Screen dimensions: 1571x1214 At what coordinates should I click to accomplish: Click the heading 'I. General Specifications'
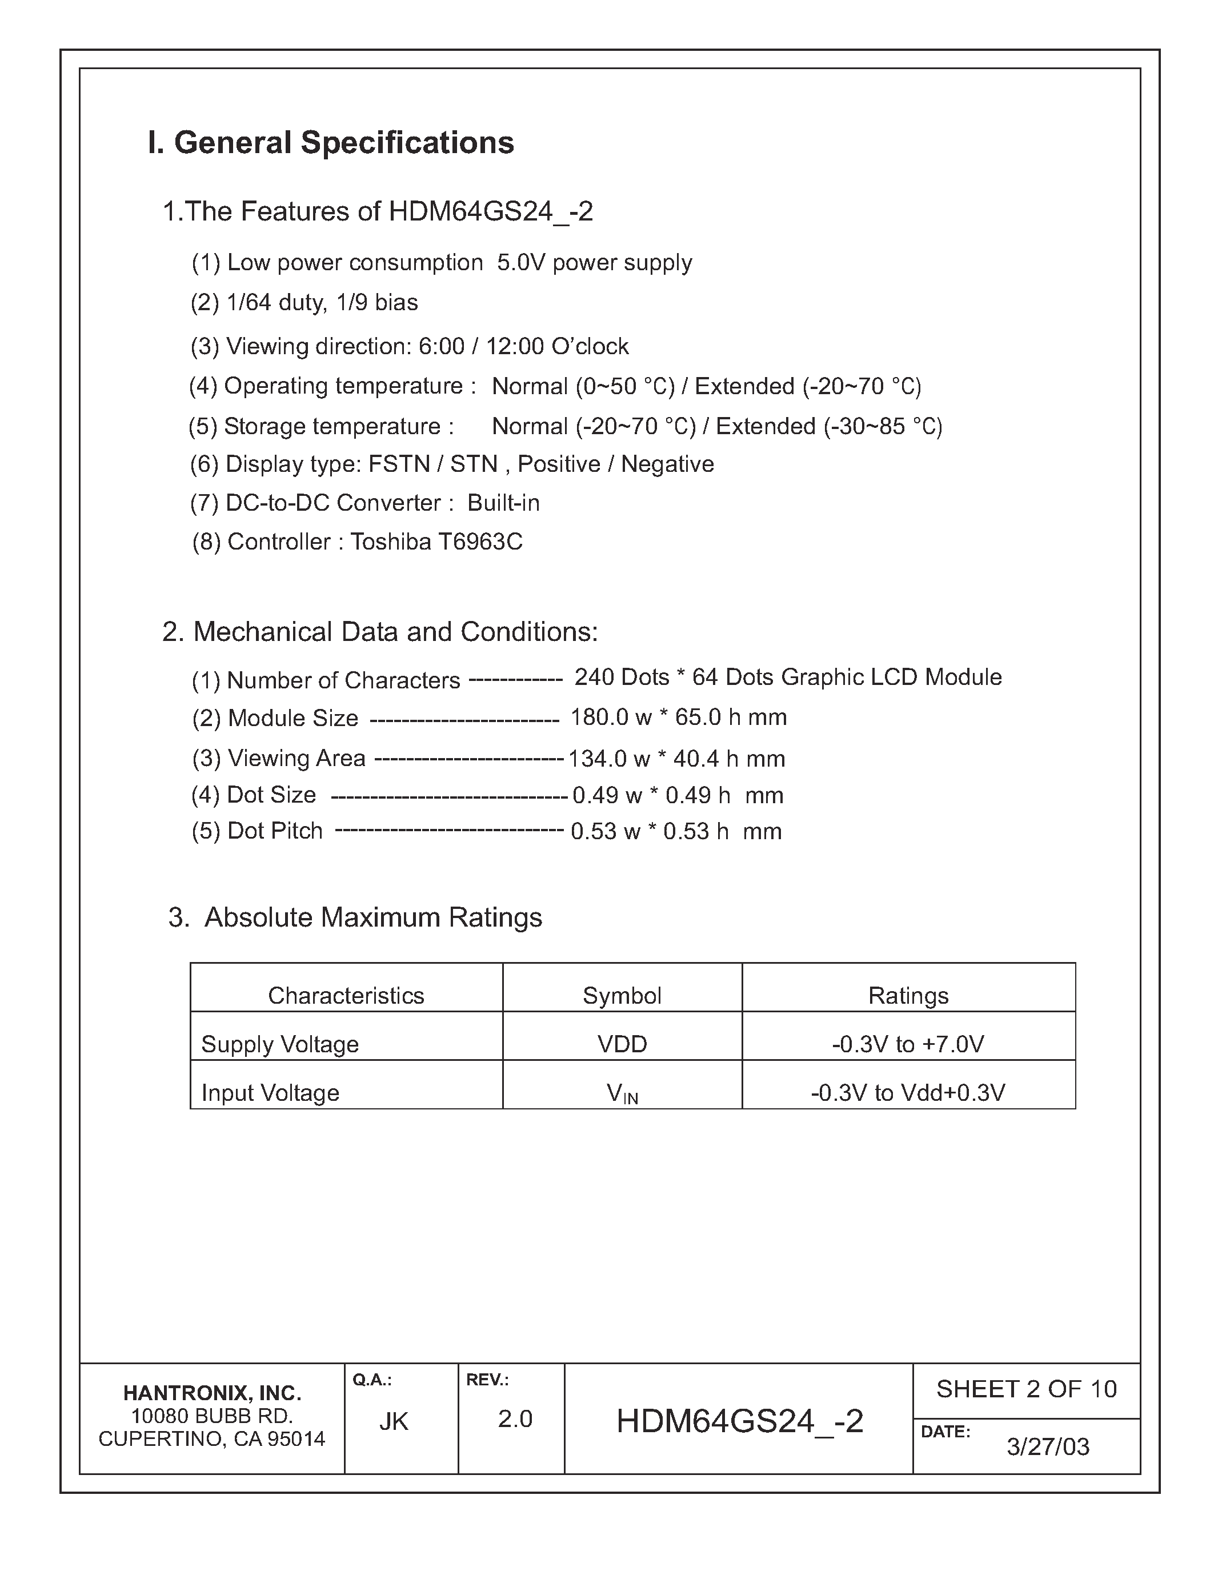[331, 142]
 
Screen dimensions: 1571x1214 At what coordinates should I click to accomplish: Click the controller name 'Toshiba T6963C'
[436, 542]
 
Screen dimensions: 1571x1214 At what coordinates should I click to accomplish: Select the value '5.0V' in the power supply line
[522, 263]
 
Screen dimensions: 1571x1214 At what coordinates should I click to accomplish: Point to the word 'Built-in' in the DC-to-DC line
[503, 503]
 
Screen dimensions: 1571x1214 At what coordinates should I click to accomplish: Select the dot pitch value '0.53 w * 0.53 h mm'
[675, 832]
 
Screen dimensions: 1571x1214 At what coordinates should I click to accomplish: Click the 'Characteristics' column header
[346, 996]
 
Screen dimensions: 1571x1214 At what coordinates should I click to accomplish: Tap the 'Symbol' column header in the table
[622, 996]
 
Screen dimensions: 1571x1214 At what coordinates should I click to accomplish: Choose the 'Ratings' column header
[908, 996]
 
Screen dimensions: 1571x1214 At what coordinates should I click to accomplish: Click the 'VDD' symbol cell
[622, 1044]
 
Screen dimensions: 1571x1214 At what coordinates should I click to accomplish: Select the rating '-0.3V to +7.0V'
[908, 1044]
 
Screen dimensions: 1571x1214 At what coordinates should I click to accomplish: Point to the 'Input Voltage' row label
[270, 1093]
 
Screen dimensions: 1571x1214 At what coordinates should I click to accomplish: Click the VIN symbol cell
[622, 1093]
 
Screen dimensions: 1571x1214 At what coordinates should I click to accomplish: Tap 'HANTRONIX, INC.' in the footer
[211, 1393]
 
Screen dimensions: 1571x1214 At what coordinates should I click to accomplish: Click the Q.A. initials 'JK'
[394, 1421]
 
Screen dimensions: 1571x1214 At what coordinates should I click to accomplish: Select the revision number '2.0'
[515, 1419]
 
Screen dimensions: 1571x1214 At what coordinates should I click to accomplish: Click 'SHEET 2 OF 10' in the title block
[1025, 1389]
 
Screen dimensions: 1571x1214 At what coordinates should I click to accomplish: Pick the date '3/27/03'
[1047, 1446]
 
